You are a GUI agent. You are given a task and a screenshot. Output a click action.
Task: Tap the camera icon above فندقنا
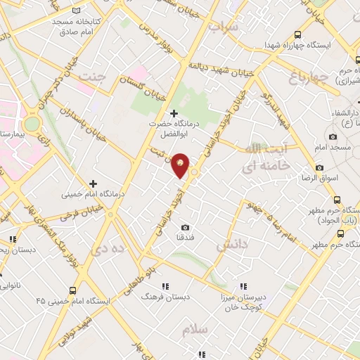coord(186,227)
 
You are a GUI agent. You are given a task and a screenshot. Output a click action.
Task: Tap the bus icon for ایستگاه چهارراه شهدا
coord(298,34)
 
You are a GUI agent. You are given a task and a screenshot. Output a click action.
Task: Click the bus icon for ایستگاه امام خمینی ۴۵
coord(73,290)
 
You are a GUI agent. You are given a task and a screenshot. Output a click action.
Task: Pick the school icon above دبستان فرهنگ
coord(166,286)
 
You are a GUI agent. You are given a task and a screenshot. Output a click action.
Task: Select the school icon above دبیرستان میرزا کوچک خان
coord(243,286)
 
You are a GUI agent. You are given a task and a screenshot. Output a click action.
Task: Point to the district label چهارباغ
coord(309,75)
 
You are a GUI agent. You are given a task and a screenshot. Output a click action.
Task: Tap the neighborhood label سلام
coord(194,329)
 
